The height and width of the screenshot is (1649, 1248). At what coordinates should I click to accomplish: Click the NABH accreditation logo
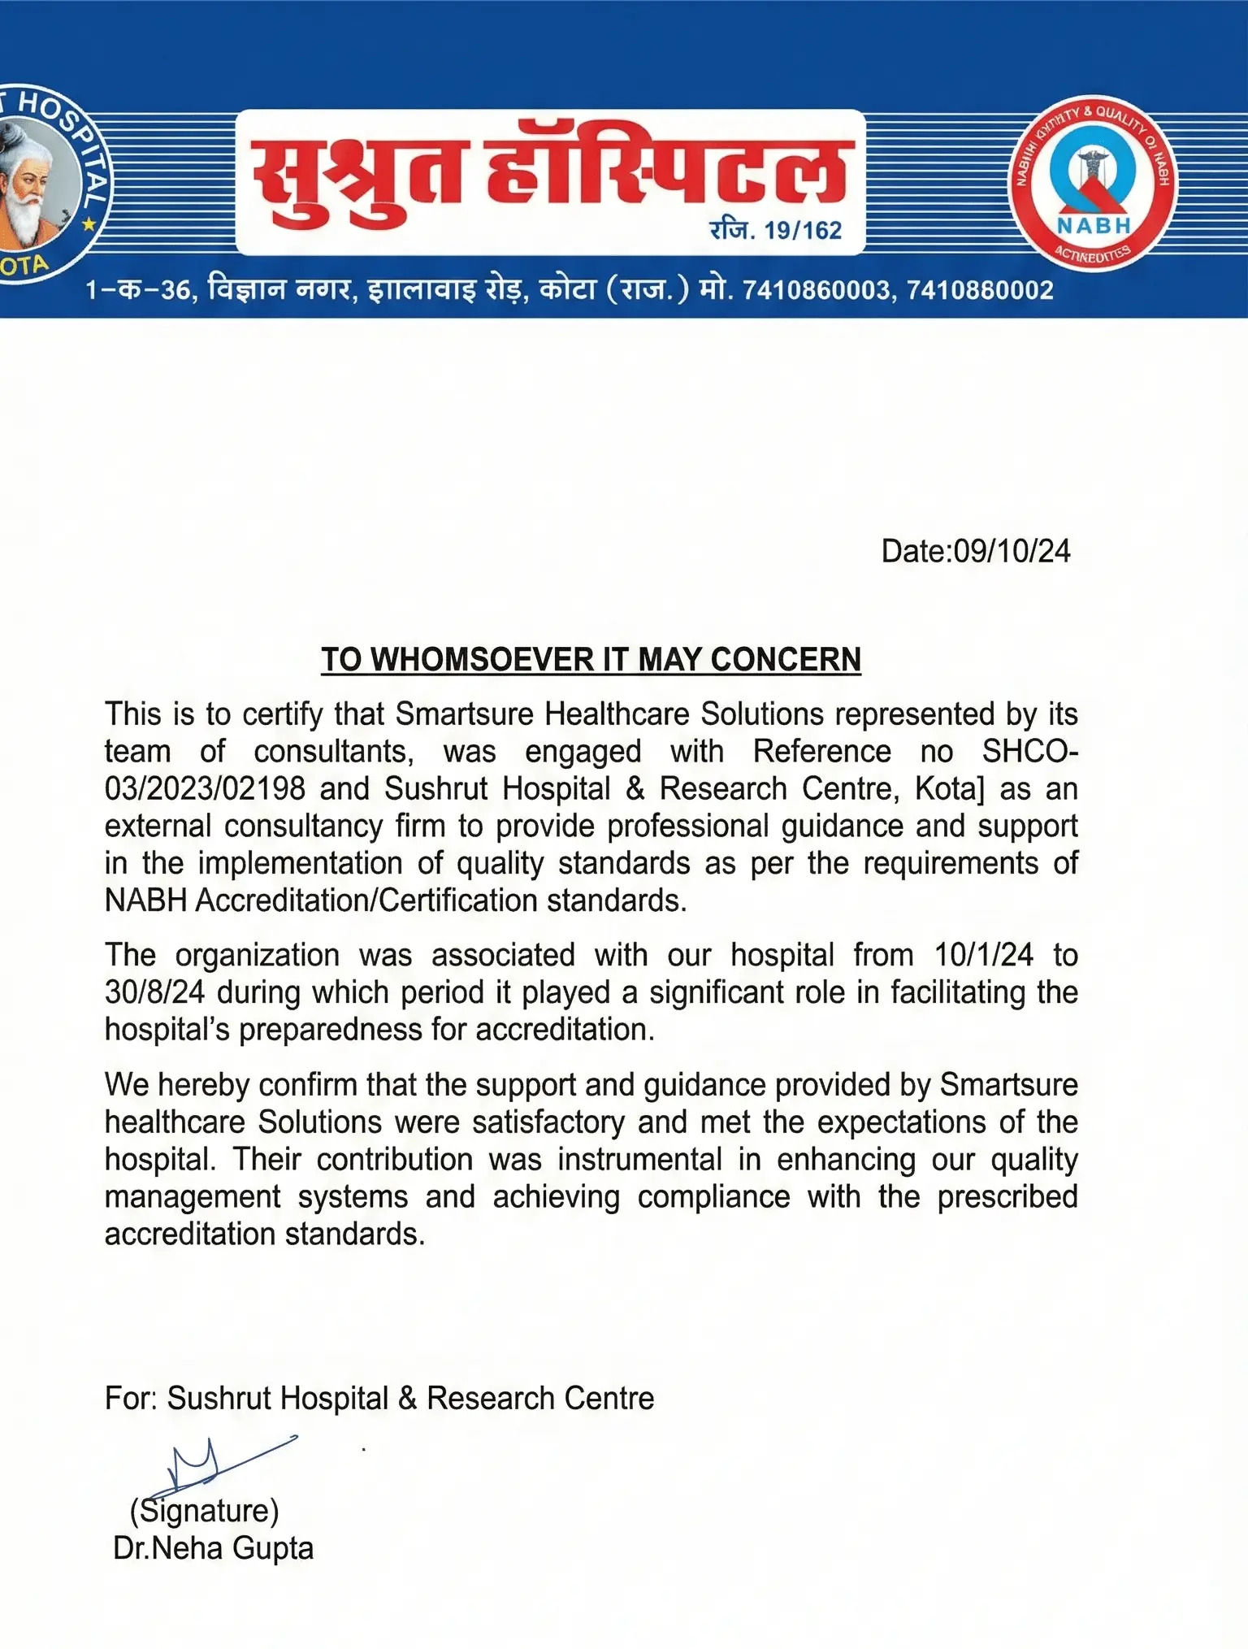tap(1093, 184)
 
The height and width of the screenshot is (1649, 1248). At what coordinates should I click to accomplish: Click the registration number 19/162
tap(803, 231)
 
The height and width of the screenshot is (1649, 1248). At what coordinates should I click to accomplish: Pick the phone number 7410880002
tap(980, 290)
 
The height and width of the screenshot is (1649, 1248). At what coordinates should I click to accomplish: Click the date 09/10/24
tap(1012, 551)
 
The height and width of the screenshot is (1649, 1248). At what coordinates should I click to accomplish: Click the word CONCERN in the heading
tap(786, 660)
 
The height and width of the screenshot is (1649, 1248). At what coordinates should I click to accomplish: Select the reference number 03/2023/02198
tap(205, 788)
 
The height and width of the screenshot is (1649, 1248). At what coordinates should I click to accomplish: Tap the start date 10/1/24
tap(984, 955)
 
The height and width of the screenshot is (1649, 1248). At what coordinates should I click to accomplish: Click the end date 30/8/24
tap(154, 992)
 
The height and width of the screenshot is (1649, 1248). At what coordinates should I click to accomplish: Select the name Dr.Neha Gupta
tap(213, 1548)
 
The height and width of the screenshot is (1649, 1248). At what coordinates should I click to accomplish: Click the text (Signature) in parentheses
tap(204, 1511)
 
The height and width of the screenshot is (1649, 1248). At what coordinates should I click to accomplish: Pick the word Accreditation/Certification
tap(366, 900)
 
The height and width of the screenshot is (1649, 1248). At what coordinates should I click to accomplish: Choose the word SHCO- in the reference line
tap(1029, 752)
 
